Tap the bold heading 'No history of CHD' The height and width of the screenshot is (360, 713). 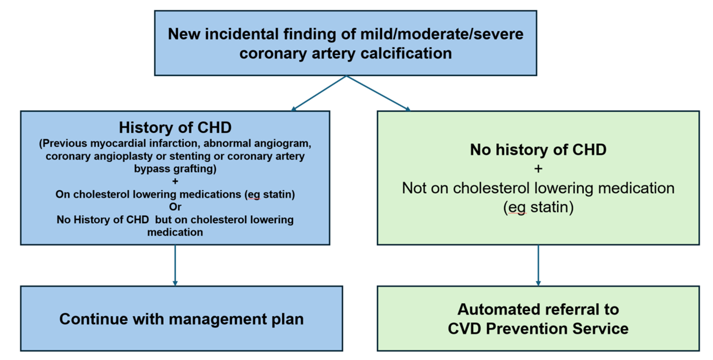(x=538, y=149)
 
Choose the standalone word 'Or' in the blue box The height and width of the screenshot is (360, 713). (x=175, y=207)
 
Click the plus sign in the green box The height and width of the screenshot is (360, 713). (x=538, y=169)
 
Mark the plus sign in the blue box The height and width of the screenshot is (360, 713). (x=175, y=182)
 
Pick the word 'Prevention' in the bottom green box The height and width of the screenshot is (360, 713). (x=539, y=328)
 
